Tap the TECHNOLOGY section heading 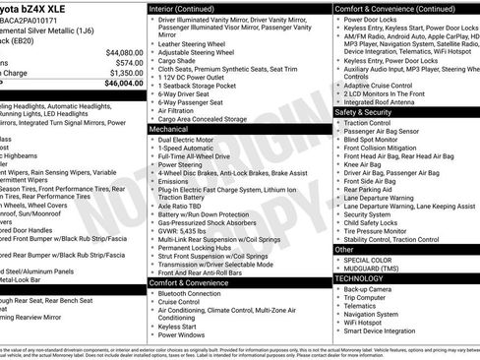coord(360,278)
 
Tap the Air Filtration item coord(183,110)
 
